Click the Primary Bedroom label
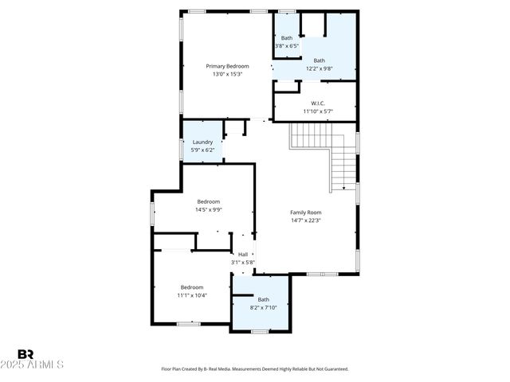(x=227, y=66)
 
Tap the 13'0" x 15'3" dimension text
(x=227, y=75)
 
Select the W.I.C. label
(x=317, y=103)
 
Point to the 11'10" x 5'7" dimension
(x=317, y=111)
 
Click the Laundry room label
(x=202, y=142)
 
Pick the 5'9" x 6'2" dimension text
(x=202, y=150)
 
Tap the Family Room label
(x=305, y=212)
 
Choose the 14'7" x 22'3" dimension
(x=305, y=220)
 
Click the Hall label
(x=243, y=254)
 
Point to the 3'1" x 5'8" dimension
(x=243, y=262)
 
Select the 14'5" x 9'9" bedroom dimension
(x=209, y=210)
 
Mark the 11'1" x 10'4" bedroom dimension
(x=191, y=295)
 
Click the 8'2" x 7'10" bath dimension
(x=263, y=307)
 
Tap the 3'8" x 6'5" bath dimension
(x=286, y=46)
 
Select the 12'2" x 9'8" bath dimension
(x=319, y=68)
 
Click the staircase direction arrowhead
(x=343, y=189)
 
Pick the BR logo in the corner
(x=25, y=353)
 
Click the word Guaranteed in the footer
(x=334, y=369)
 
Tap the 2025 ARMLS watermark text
(x=39, y=364)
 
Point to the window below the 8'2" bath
(x=259, y=331)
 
